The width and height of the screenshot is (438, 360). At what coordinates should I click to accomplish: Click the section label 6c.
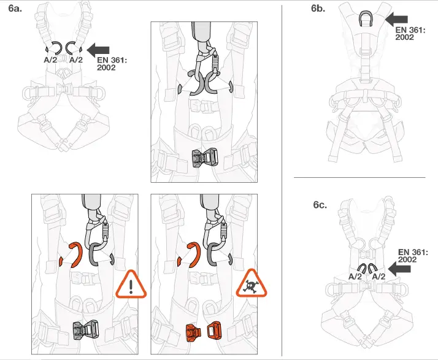(x=320, y=205)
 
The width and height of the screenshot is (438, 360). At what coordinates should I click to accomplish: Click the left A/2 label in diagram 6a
(x=52, y=60)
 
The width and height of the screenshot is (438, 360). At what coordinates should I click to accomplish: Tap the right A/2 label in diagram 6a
(x=76, y=60)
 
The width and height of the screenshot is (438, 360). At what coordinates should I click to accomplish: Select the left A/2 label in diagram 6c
(x=355, y=277)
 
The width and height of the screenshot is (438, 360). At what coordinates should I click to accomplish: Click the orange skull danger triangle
(x=253, y=285)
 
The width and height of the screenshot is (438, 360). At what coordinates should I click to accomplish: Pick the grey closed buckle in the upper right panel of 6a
(x=204, y=158)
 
